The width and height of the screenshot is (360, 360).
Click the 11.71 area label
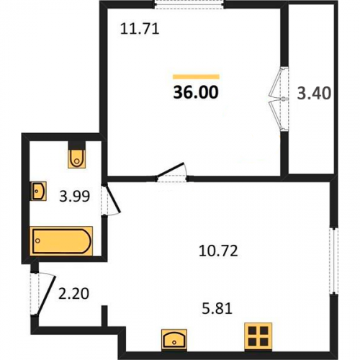pos(140,29)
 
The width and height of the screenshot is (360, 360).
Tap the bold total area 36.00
pos(196,92)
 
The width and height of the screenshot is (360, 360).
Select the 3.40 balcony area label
pos(314,93)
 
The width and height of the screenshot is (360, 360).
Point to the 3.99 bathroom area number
pos(75,196)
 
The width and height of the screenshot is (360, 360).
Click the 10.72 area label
pos(218,251)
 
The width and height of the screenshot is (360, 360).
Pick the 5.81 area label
pos(217,308)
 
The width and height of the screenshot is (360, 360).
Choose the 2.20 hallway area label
pos(73,294)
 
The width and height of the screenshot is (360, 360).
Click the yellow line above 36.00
pos(196,77)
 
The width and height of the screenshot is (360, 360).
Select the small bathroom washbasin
pos(39,191)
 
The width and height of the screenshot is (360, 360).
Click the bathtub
pos(62,241)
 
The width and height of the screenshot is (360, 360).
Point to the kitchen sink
pos(174,339)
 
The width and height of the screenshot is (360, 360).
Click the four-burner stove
pos(258,336)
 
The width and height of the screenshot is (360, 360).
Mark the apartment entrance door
pos(45,295)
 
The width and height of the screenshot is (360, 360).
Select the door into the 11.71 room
pos(171,171)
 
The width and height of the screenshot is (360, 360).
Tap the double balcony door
pos(279,99)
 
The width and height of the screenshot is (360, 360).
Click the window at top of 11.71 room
pos(189,4)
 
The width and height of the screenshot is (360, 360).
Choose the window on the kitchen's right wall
pos(333,261)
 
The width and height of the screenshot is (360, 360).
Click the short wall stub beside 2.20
pos(104,316)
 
